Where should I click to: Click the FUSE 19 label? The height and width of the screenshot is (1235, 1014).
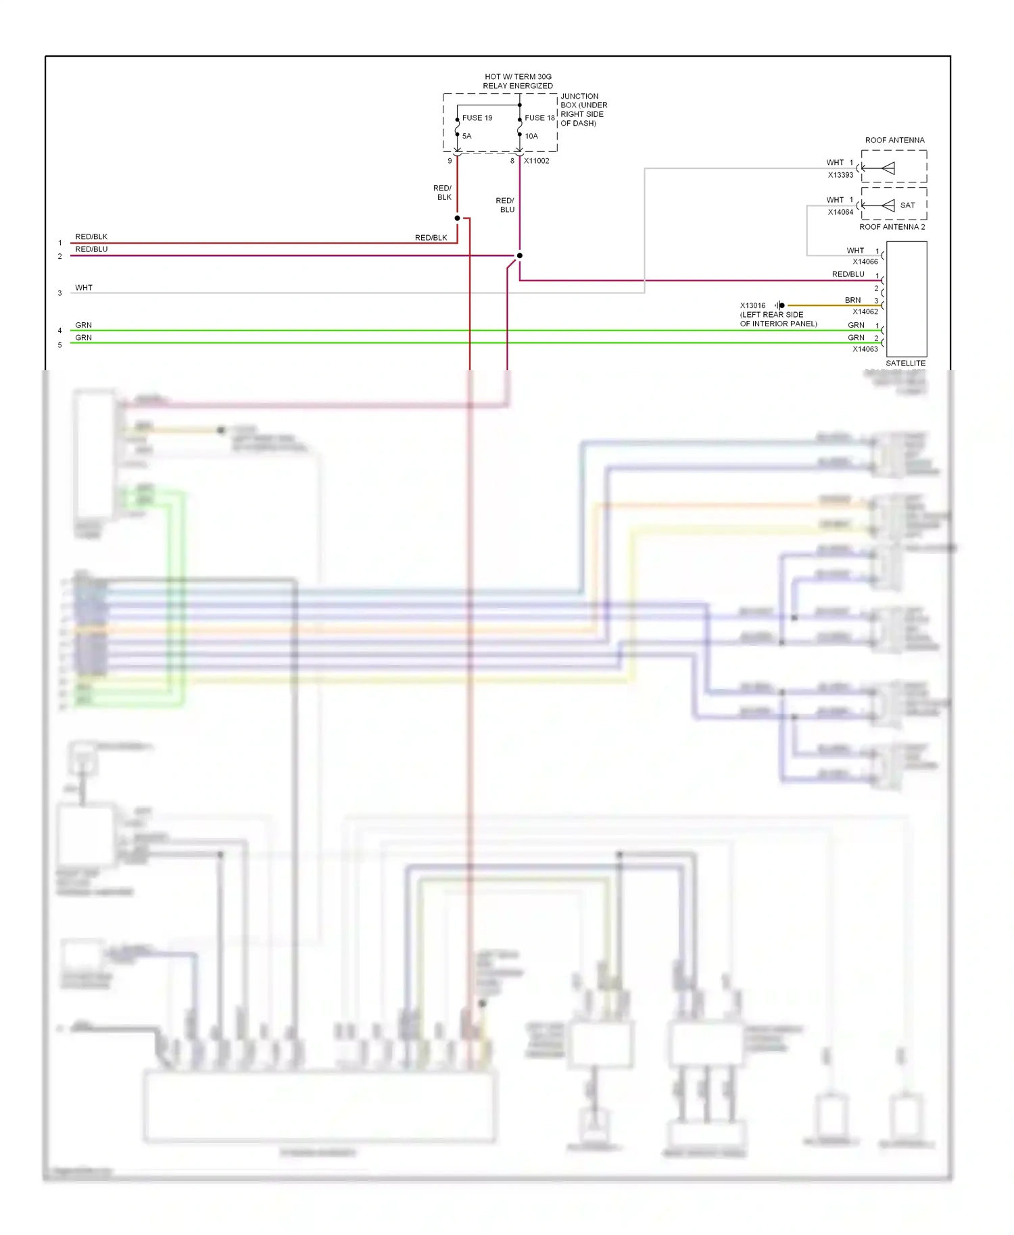click(x=477, y=118)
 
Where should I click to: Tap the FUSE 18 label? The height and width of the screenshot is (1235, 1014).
click(x=539, y=118)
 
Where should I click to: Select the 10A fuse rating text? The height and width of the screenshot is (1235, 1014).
click(x=532, y=136)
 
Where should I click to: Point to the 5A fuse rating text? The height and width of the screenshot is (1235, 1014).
click(x=467, y=136)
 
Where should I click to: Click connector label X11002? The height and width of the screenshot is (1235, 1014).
click(x=536, y=161)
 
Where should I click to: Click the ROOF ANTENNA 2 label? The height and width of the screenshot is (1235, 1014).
click(x=892, y=227)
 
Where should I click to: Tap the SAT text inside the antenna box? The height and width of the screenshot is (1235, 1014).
click(x=907, y=205)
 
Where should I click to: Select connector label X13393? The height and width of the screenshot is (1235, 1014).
click(x=840, y=175)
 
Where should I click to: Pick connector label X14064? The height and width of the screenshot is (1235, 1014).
click(x=840, y=212)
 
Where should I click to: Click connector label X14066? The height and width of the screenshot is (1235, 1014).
click(x=865, y=261)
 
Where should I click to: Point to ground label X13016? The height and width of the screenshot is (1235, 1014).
click(x=752, y=305)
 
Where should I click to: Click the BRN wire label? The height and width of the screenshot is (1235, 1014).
click(x=852, y=300)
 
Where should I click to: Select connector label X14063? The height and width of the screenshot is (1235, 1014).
click(x=865, y=349)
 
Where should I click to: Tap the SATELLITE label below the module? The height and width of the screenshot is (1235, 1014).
click(x=905, y=363)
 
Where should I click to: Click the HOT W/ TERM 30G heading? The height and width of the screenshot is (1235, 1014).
click(x=518, y=77)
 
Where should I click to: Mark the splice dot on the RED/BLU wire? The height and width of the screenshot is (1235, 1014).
click(x=519, y=255)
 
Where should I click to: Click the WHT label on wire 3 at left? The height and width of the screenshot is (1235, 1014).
click(x=84, y=288)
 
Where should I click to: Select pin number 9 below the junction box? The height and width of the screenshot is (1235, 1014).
click(x=450, y=161)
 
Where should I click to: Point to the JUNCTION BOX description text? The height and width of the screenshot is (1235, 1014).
click(x=583, y=109)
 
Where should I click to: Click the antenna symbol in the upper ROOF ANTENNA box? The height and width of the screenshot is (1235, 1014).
click(x=887, y=168)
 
